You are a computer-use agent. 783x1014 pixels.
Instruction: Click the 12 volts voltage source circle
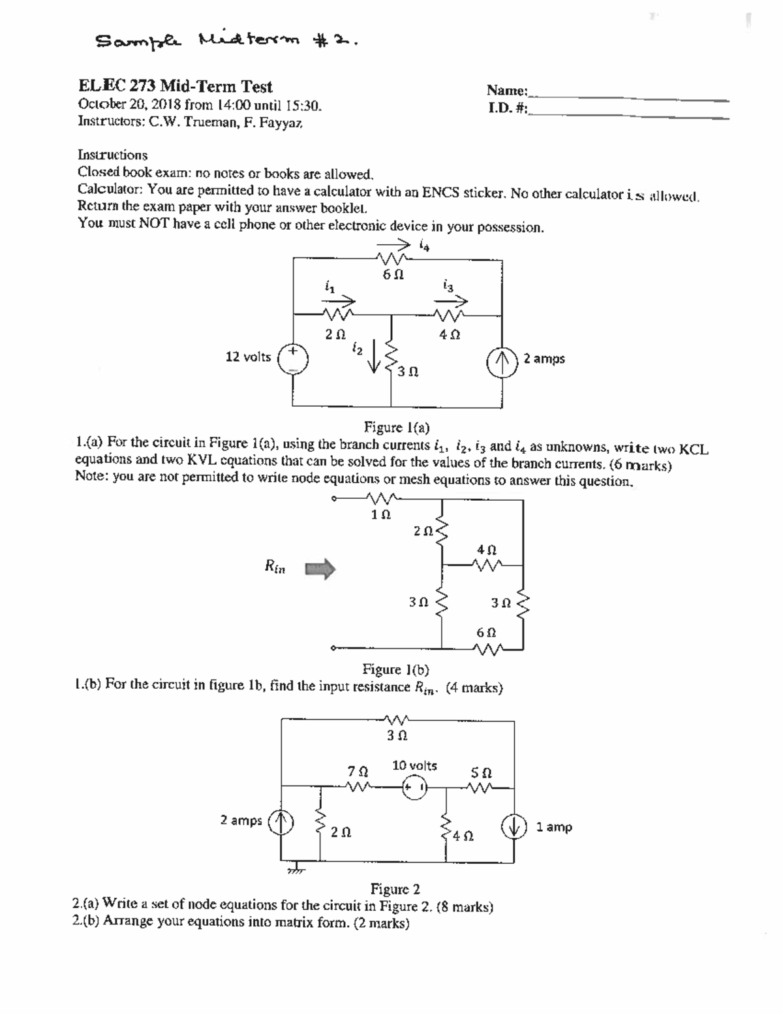pos(293,358)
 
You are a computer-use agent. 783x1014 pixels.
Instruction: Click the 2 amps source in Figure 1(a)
pos(503,359)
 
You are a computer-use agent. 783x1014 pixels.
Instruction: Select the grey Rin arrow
pos(320,569)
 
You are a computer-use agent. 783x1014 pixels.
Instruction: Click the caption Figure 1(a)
pos(396,428)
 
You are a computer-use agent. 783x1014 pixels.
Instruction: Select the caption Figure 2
pos(395,889)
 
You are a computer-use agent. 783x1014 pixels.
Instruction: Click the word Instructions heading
pos(112,155)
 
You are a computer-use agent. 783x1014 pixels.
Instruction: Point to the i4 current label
pos(425,246)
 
